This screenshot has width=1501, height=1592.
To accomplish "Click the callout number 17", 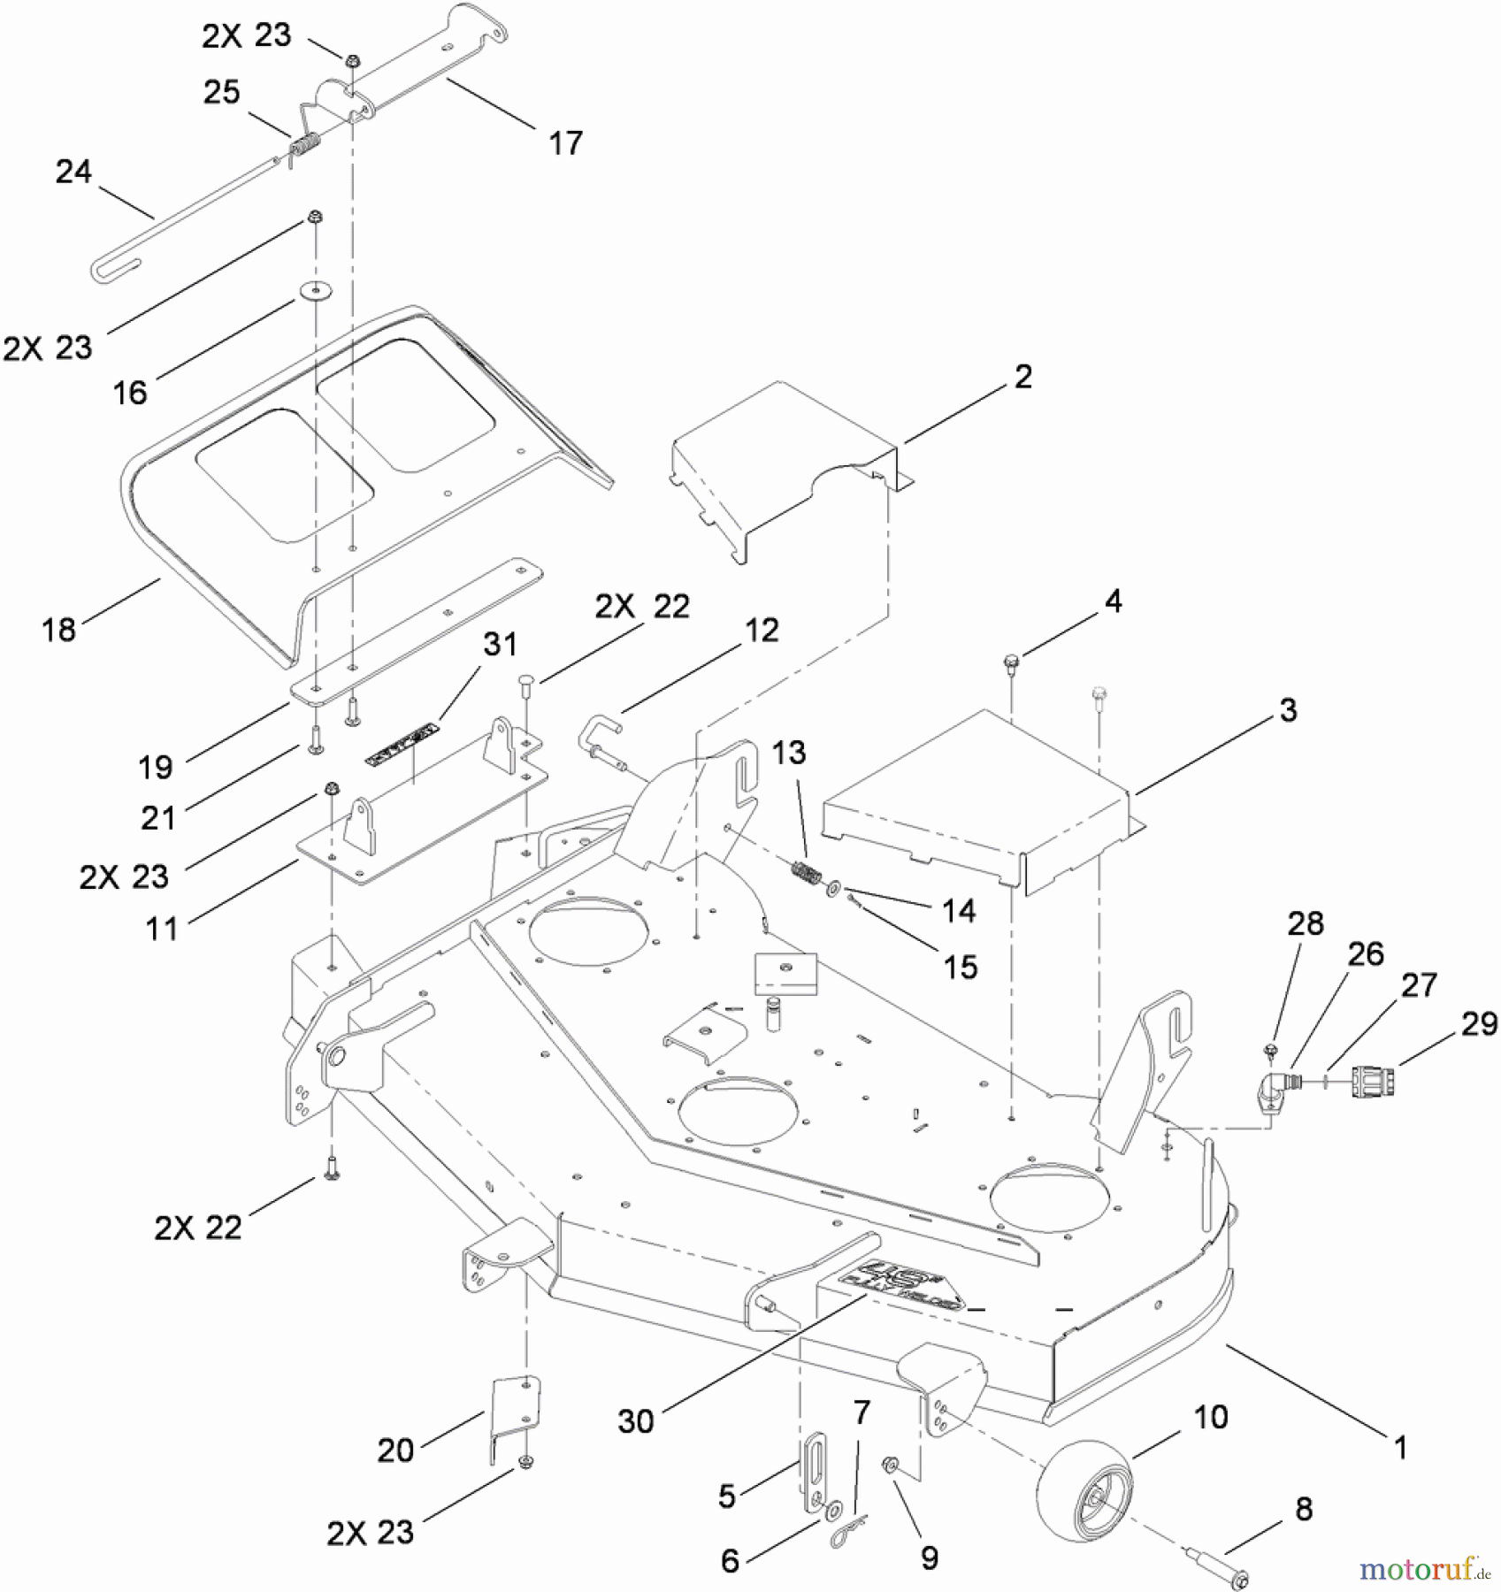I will [566, 142].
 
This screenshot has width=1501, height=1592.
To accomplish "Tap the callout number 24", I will [73, 172].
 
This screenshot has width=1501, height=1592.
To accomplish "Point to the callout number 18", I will [59, 630].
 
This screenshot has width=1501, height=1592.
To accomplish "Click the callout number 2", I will [1022, 377].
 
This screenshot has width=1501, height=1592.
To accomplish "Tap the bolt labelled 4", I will [1010, 662].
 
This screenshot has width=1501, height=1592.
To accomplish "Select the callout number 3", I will [1288, 709].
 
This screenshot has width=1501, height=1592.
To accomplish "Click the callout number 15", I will [961, 967].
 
